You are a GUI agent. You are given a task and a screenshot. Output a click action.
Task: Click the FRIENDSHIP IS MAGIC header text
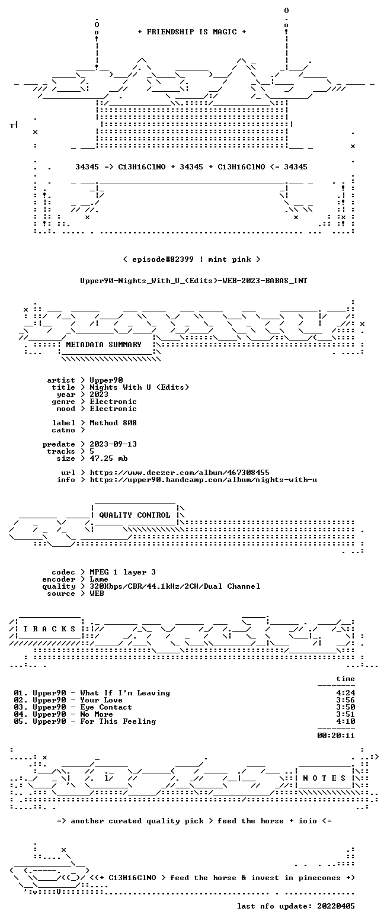pos(191,32)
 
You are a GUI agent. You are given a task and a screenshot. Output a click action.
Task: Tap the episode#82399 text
pos(163,259)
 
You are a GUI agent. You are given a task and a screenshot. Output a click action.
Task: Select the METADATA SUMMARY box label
pos(104,345)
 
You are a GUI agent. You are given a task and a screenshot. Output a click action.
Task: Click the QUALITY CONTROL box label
pos(135,515)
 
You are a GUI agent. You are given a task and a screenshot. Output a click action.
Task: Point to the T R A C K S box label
pos(50,629)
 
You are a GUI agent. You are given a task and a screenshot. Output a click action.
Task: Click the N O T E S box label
pos(324,778)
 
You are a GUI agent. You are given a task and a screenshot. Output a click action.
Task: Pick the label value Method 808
pos(113,423)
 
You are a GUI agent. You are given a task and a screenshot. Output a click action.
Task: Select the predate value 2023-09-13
pos(113,444)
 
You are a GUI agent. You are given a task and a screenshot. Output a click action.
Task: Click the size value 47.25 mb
pos(108,458)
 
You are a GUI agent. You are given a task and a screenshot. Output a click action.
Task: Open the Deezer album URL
pos(180,473)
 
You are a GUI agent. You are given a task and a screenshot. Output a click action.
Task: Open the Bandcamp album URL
pos(203,480)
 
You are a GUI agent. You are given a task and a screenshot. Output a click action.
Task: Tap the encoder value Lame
pos(99,579)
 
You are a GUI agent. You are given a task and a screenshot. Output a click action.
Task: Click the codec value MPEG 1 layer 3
pos(123,572)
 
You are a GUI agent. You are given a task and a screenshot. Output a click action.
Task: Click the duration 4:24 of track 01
pos(345,693)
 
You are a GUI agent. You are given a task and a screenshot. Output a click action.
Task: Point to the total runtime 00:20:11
pos(336,736)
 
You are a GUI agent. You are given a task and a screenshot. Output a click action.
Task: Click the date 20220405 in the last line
pos(336,906)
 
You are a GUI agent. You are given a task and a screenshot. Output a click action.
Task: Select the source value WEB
pos(97,593)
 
